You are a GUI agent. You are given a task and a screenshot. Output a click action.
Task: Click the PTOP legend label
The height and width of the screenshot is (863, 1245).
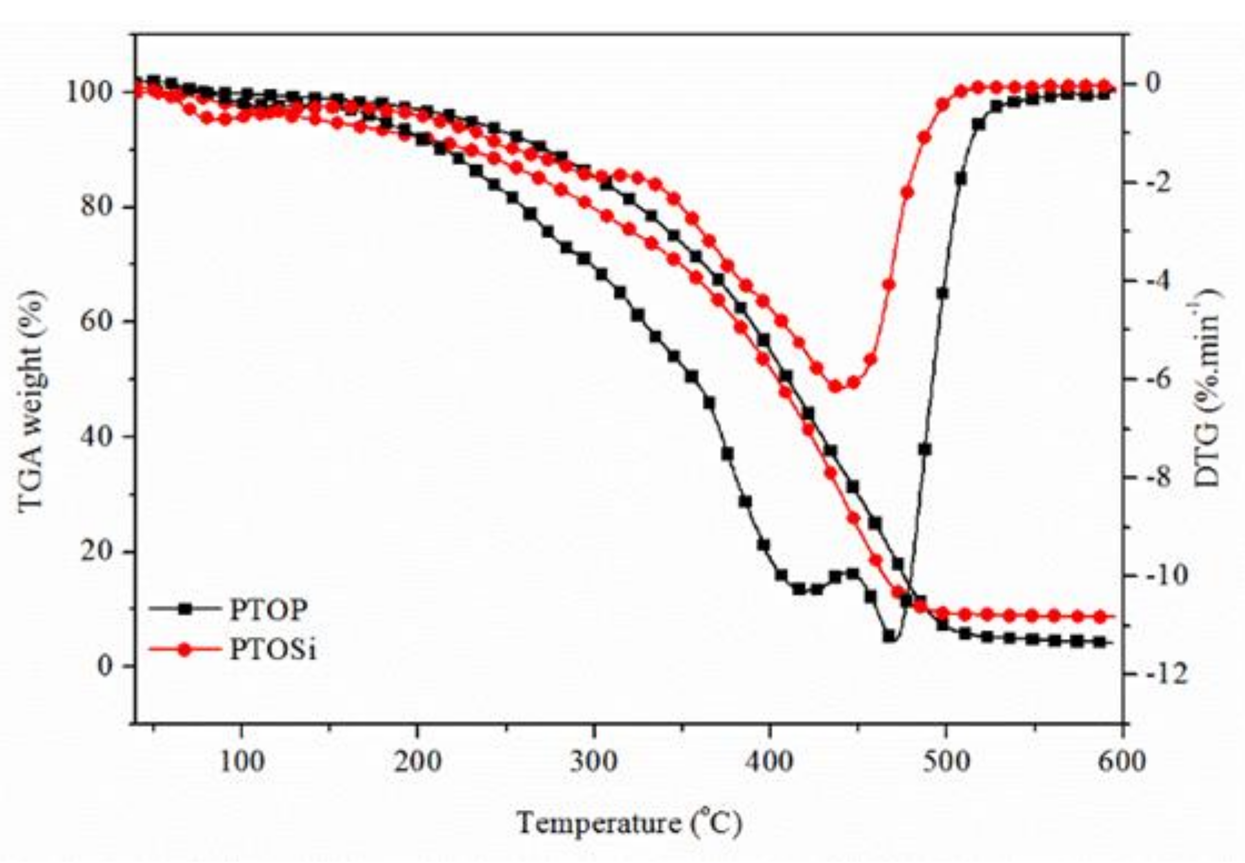[268, 610]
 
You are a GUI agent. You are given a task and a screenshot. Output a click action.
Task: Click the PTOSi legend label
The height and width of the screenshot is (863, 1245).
[273, 650]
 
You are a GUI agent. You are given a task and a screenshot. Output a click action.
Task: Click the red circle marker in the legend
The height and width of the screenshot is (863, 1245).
[186, 650]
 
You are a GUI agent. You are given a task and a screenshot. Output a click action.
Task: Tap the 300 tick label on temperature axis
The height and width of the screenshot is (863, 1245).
[593, 761]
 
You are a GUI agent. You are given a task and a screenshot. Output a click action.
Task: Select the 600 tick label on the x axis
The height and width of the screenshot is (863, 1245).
[1122, 761]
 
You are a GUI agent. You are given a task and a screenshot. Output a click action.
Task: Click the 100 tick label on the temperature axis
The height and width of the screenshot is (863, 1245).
[241, 761]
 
